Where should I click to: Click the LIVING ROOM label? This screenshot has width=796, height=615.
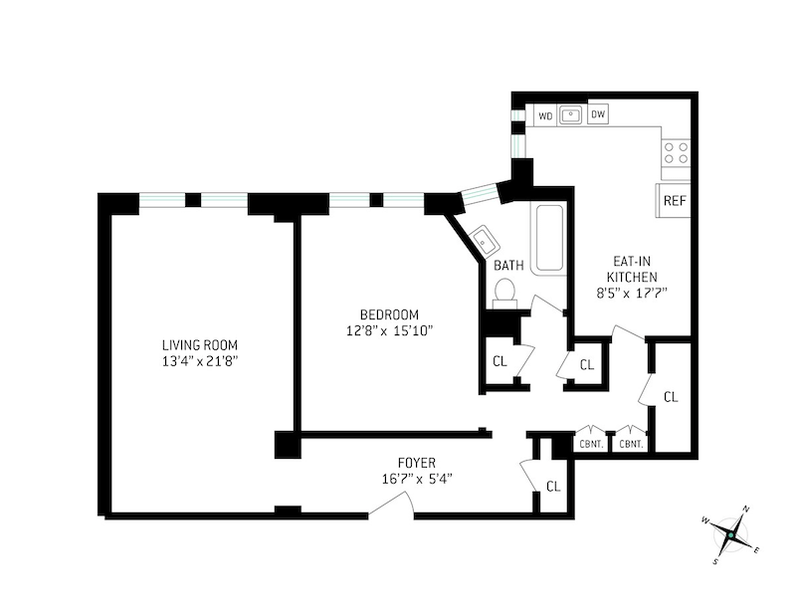tap(200, 345)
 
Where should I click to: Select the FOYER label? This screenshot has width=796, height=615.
tap(417, 463)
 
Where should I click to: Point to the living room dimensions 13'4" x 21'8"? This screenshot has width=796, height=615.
tap(200, 361)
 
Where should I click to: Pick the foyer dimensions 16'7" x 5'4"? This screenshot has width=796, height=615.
tap(417, 479)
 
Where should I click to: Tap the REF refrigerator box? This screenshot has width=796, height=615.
tap(675, 200)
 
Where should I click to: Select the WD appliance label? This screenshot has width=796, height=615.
tap(545, 115)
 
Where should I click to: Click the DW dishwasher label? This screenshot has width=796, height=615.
tap(598, 115)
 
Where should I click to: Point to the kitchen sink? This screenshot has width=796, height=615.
tap(571, 115)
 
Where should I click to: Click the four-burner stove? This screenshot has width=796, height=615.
tap(677, 152)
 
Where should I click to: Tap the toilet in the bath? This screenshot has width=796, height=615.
tap(504, 291)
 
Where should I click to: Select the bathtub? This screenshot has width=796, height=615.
tap(547, 239)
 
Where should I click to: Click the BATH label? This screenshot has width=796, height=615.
tap(508, 266)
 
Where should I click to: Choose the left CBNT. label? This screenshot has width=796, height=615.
tap(592, 444)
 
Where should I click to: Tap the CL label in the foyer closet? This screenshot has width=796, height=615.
tap(554, 486)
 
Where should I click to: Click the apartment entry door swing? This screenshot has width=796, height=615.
tap(392, 506)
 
